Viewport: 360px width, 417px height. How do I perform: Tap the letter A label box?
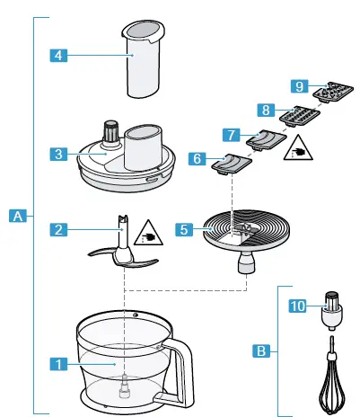(17, 215)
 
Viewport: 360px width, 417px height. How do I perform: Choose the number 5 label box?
(183, 229)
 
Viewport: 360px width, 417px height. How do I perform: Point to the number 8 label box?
(265, 110)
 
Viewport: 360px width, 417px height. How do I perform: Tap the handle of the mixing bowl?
(185, 368)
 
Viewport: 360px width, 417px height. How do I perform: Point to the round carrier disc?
(241, 230)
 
